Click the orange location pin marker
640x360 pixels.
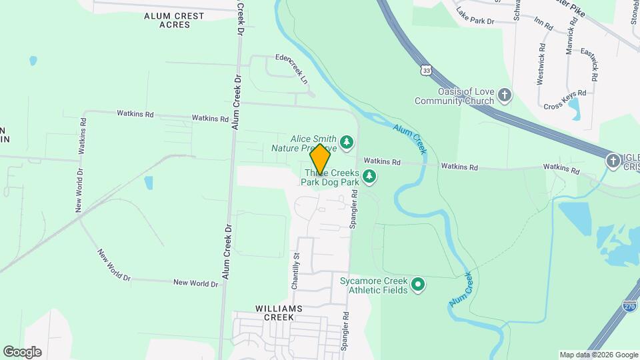(320, 159)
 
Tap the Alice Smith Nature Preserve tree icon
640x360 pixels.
(346, 141)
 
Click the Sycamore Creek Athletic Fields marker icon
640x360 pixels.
(418, 285)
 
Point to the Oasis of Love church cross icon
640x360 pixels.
(505, 95)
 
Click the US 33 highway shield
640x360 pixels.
(426, 69)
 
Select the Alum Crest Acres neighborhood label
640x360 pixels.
(167, 19)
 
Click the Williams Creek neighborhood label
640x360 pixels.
(279, 313)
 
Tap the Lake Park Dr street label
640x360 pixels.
(475, 16)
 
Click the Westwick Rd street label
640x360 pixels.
(541, 65)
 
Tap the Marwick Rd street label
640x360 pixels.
(571, 41)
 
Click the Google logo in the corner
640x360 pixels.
(22, 352)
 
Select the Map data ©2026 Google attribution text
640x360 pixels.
(598, 355)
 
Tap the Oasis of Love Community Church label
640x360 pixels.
(455, 96)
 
